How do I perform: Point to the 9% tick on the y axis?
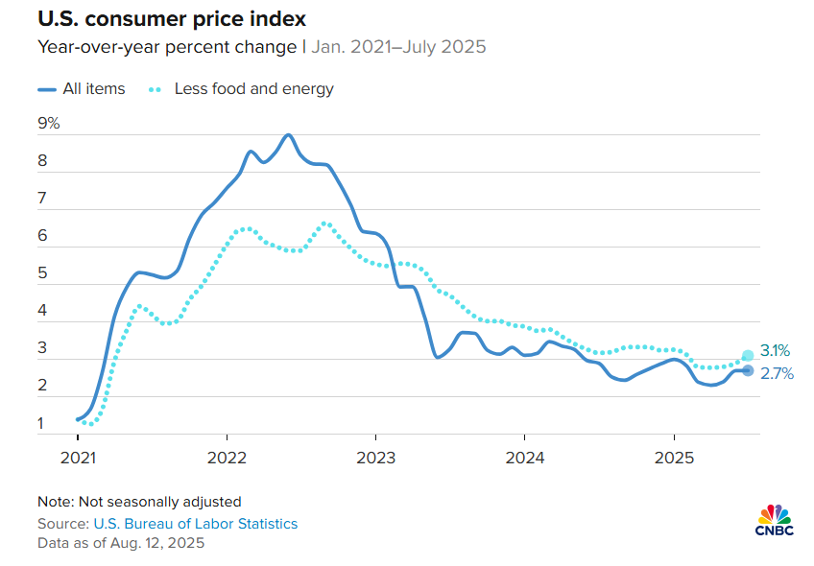coord(48,123)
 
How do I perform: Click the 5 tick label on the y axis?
coord(42,273)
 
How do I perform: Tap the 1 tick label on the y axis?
coord(42,423)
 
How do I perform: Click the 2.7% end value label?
coord(778,374)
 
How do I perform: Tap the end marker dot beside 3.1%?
coord(748,356)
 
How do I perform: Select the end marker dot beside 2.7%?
coord(748,371)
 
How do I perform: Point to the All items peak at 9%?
coord(288,134)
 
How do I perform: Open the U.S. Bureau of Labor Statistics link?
coord(195,524)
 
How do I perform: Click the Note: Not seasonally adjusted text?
coord(139,501)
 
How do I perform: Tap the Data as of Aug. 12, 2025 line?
coord(121,543)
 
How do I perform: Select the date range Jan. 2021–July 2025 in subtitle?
coord(398,46)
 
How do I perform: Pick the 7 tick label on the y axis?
coord(42,199)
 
